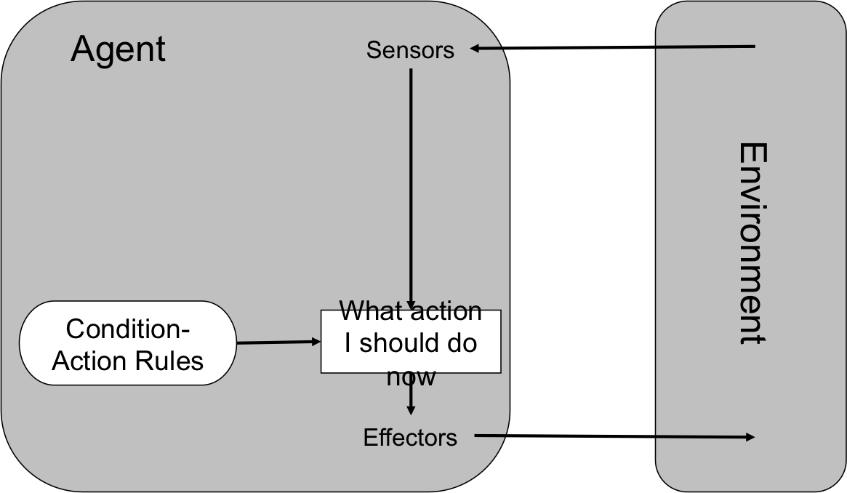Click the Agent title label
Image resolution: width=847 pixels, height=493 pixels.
pos(119,49)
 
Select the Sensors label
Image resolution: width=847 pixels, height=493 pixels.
pos(410,50)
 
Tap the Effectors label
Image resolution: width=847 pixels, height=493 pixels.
pos(410,438)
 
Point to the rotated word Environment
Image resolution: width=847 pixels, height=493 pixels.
pos(753,244)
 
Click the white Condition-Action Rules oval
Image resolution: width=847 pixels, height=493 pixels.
pos(128,343)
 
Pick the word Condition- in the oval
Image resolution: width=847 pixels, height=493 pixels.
pos(128,329)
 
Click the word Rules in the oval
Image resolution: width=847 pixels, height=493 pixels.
pos(174,361)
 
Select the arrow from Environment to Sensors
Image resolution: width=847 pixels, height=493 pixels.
pos(618,48)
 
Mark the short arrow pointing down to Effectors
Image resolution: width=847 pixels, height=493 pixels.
pos(411,398)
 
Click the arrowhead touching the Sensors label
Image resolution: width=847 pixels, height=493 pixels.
pos(477,49)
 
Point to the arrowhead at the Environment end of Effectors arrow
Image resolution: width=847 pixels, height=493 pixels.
pos(750,437)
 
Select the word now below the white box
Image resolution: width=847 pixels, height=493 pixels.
pos(411,377)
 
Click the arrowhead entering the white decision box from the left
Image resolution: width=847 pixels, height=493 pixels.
pos(316,341)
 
